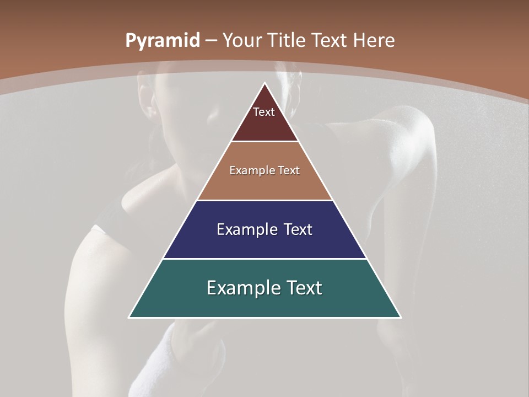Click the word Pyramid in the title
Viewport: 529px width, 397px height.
click(163, 41)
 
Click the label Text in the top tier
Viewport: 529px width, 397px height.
click(264, 112)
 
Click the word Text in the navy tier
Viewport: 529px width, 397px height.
click(298, 229)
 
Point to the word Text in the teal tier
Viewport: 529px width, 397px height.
click(304, 288)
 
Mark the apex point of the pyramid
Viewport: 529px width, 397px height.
click(265, 83)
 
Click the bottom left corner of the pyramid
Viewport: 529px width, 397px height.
click(129, 317)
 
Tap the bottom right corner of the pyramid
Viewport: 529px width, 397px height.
click(401, 317)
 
